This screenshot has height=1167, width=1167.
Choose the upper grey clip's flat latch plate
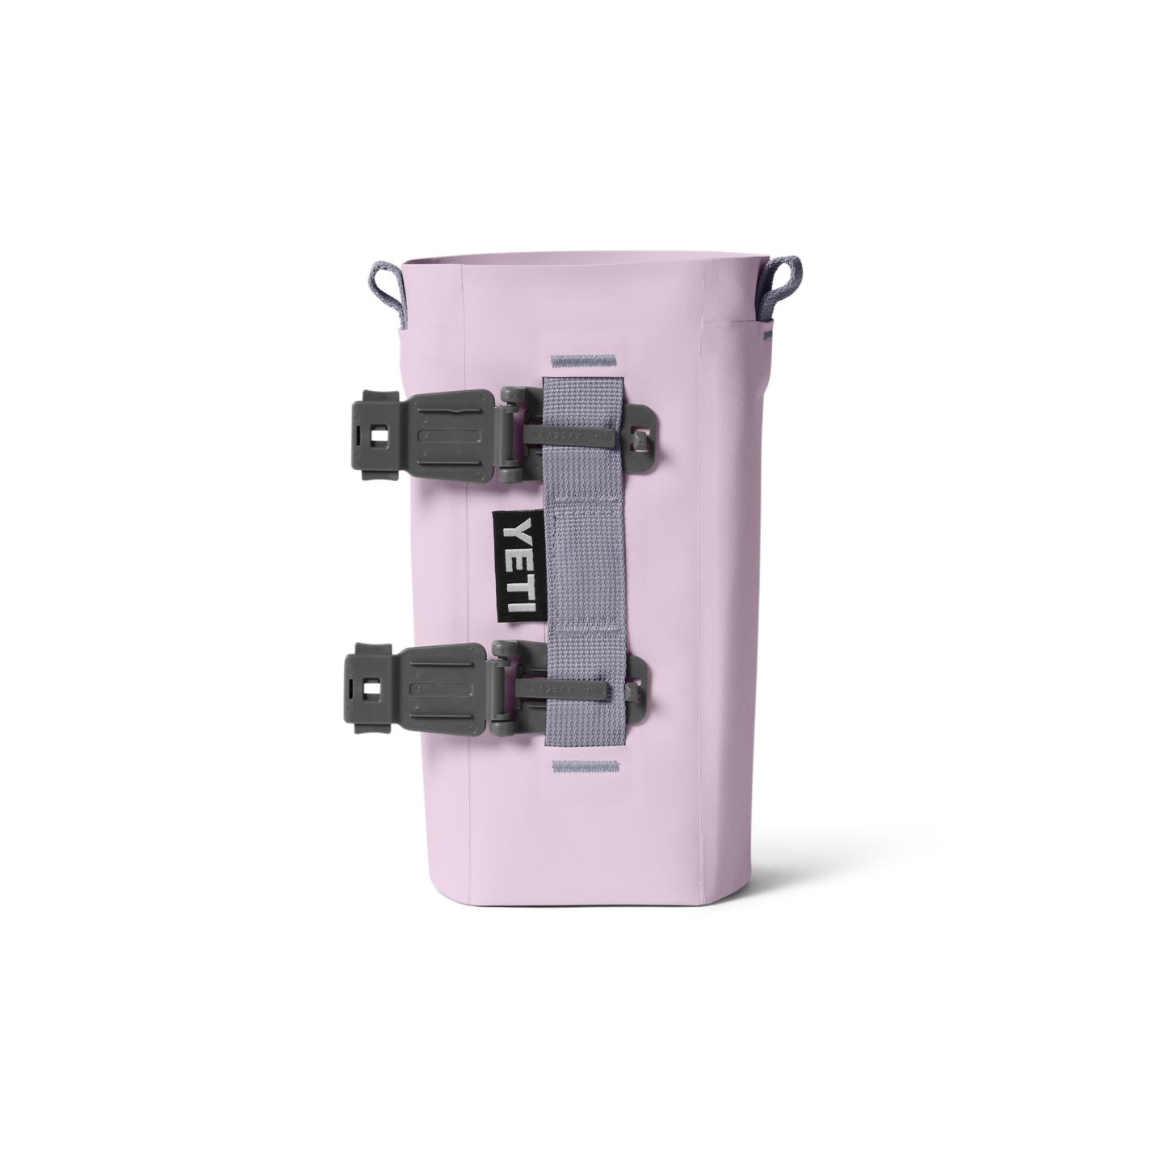(x=448, y=436)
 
